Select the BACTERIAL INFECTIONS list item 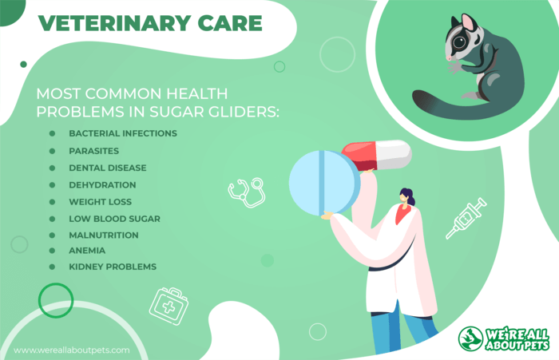tap(123, 133)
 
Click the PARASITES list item tap(93, 151)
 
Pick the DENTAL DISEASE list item tap(108, 168)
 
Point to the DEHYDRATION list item tap(102, 185)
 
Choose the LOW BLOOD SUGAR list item tap(114, 219)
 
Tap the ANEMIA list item tap(87, 251)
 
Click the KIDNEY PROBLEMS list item tap(113, 267)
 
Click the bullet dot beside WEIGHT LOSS tap(52, 202)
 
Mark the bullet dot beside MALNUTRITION tap(52, 235)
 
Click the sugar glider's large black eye tap(459, 42)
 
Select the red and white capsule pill tap(377, 156)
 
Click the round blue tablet tap(324, 183)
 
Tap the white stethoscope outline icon tap(247, 192)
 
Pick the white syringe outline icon tap(466, 218)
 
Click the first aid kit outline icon tap(168, 307)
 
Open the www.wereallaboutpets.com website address tap(72, 350)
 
